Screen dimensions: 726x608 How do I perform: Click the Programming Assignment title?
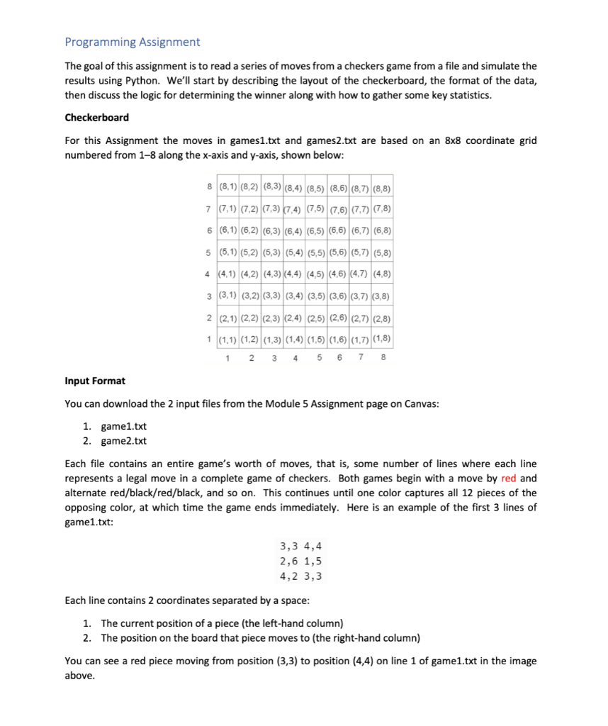pos(133,42)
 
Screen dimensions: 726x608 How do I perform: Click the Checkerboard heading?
pos(96,117)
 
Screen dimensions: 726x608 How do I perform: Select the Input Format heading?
pos(95,381)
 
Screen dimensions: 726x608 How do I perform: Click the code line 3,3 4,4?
pos(301,546)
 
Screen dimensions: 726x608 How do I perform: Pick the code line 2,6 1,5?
pos(301,561)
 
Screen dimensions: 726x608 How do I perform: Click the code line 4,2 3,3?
pos(301,576)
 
